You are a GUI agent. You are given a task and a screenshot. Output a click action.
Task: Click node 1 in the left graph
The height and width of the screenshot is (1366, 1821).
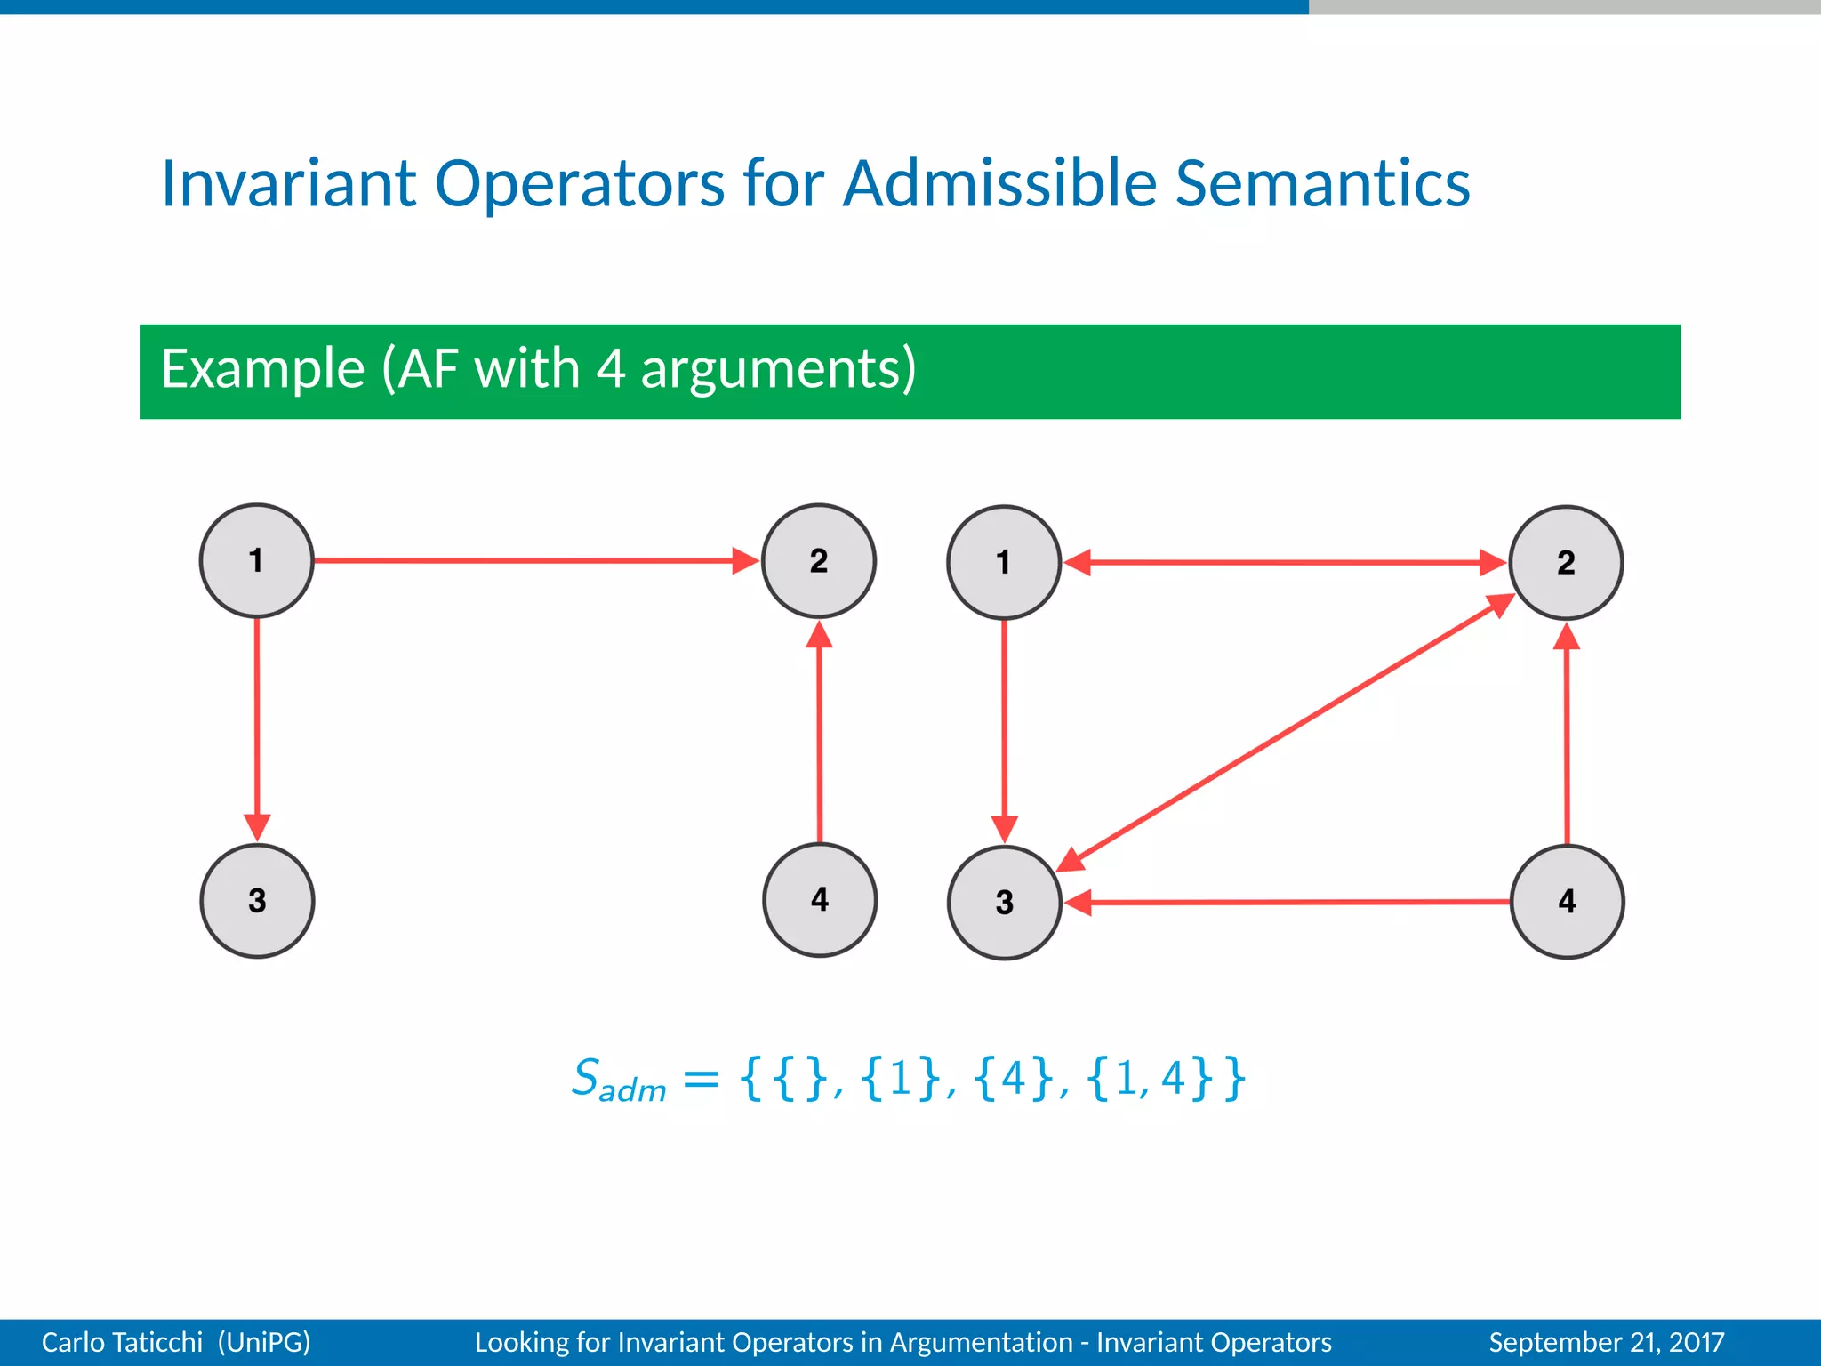point(256,560)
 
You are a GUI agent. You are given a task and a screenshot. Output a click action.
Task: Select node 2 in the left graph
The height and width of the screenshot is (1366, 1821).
point(819,560)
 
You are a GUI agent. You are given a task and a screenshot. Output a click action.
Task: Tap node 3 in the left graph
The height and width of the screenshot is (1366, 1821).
point(257,900)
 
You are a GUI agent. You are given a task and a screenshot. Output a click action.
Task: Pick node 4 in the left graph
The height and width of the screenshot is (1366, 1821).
point(820,899)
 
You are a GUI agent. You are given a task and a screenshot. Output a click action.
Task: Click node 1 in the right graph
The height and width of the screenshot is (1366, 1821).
point(1004,562)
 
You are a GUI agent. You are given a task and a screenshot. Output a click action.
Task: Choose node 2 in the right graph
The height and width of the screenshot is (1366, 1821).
point(1566,562)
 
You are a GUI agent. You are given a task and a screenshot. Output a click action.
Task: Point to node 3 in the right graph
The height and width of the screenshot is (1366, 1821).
point(1005,902)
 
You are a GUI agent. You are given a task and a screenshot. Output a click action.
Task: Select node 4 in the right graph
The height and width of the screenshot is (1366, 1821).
point(1567,901)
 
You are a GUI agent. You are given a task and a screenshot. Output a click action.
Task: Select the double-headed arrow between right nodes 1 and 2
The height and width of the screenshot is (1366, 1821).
point(1285,562)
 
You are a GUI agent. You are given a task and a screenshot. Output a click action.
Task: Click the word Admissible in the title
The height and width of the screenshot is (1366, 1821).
point(1000,183)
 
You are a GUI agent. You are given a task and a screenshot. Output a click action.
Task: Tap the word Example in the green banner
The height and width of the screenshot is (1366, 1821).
point(263,368)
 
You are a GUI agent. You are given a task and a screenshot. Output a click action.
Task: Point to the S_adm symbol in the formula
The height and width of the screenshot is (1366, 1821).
point(617,1080)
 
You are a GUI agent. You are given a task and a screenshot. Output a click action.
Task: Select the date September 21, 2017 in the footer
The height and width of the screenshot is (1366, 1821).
point(1607,1342)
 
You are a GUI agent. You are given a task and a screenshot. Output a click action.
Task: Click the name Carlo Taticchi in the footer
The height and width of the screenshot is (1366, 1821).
point(122,1342)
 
